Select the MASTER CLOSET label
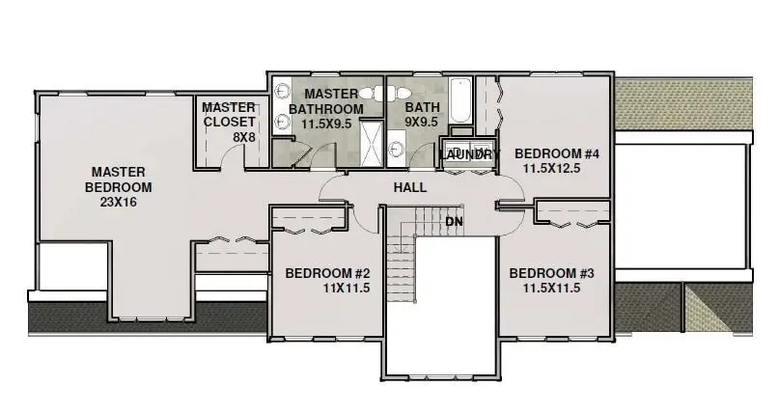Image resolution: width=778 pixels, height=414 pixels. [229, 114]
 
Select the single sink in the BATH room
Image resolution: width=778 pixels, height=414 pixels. [399, 150]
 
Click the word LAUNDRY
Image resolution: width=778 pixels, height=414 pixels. [470, 154]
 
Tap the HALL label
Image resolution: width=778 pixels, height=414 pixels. [409, 187]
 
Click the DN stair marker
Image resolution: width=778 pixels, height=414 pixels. [454, 221]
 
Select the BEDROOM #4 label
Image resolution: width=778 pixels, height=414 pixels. [557, 153]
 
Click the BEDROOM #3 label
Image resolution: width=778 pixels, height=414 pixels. [551, 273]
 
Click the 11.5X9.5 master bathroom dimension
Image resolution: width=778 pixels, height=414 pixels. [326, 124]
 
